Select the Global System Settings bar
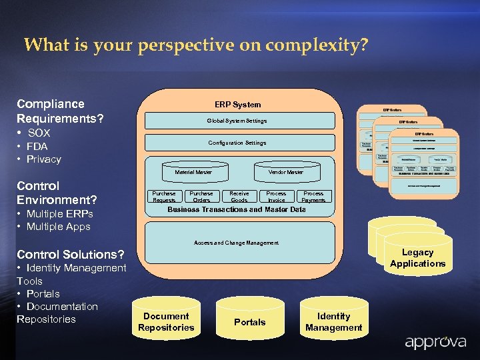(x=237, y=121)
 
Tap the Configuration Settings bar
(x=237, y=143)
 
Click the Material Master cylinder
(x=193, y=172)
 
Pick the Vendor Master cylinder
(x=285, y=172)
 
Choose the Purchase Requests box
(x=164, y=197)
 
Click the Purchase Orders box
(x=201, y=197)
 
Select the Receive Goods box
(x=239, y=197)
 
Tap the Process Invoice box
(x=276, y=197)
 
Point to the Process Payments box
(x=313, y=197)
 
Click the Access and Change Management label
(x=236, y=243)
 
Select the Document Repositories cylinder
(x=166, y=321)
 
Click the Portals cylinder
(x=250, y=321)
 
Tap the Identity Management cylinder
(x=333, y=321)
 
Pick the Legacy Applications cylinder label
(x=417, y=258)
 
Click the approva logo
(x=437, y=343)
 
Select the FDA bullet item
(x=37, y=146)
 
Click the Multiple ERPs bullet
(x=59, y=214)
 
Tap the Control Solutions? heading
(x=70, y=254)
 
